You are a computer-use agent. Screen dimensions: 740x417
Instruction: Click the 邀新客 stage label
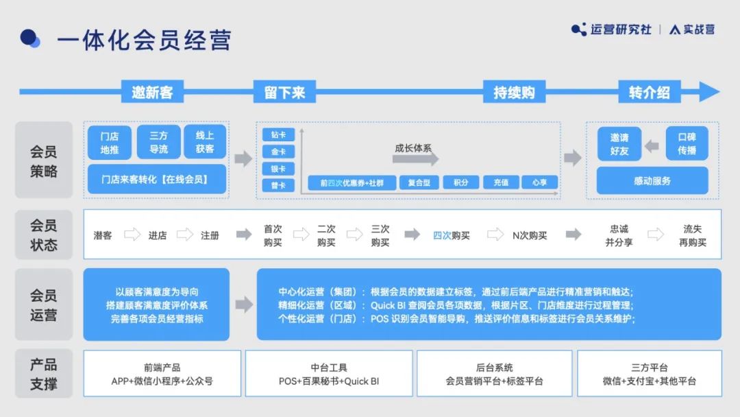152,92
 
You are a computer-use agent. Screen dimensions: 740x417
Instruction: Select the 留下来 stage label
284,92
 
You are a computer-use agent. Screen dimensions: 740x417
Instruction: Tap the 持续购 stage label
514,92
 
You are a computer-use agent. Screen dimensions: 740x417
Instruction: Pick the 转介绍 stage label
650,92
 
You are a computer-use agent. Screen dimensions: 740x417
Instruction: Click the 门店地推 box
110,143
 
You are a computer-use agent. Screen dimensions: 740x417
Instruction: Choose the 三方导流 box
158,143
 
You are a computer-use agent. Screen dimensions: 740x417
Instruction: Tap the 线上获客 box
205,142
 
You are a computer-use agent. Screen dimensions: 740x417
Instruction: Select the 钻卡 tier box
278,134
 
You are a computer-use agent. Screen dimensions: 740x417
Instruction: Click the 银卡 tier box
278,169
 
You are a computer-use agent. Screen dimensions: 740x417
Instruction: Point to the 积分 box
461,182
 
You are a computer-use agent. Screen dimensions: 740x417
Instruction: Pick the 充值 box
501,182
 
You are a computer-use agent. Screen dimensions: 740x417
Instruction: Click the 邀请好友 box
619,143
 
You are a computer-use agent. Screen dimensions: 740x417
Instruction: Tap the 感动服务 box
652,180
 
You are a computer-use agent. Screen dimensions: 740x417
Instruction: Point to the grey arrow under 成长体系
415,159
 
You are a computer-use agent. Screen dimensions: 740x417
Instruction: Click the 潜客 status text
102,235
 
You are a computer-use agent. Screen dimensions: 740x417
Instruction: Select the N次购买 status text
530,235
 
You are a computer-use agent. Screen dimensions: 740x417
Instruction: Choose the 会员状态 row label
44,235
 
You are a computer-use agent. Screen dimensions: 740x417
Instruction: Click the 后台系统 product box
494,374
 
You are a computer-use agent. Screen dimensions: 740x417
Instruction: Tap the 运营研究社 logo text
621,29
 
